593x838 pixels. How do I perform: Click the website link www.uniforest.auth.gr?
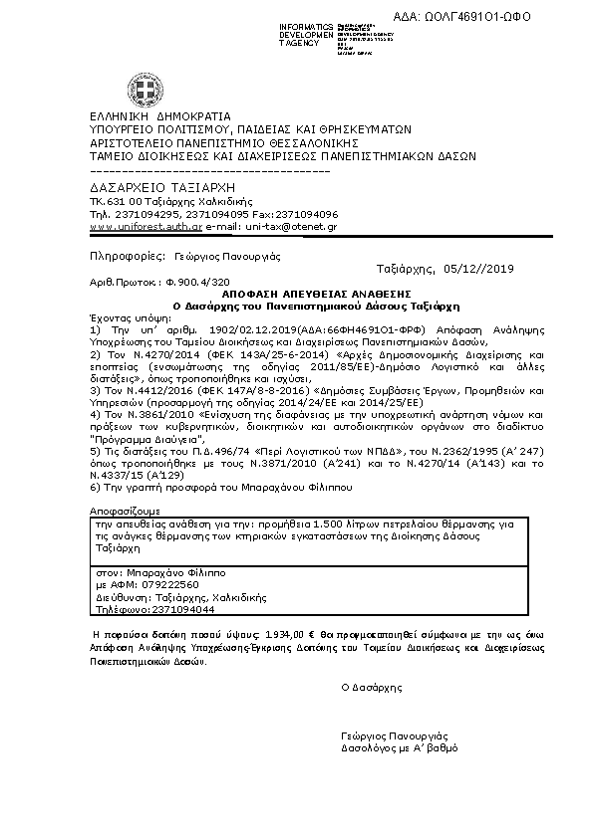(146, 227)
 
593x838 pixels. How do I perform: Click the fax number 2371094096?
(305, 214)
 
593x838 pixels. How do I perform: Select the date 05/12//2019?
(481, 269)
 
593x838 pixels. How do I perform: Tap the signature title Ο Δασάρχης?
(371, 687)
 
